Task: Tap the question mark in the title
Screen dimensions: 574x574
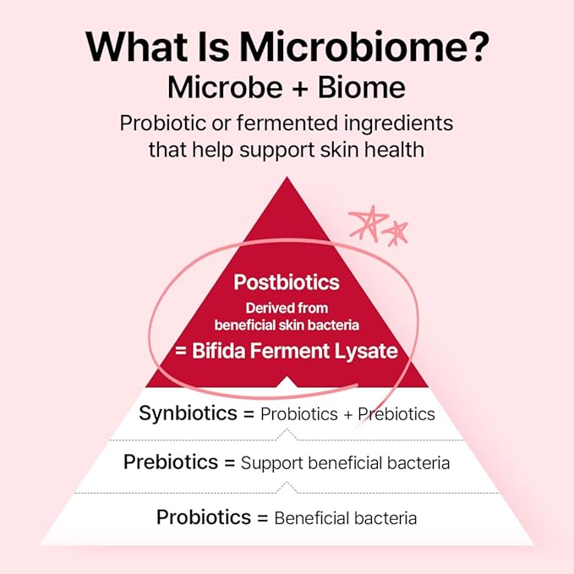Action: point(478,46)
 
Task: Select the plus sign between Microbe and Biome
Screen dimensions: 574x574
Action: point(300,89)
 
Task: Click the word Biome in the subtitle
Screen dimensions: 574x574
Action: point(361,87)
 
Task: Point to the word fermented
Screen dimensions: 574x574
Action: point(287,123)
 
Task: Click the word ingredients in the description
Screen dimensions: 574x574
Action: point(398,123)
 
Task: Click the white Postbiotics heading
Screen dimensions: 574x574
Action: point(287,282)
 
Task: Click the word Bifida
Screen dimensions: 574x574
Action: point(219,350)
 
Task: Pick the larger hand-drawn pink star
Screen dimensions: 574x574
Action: point(368,222)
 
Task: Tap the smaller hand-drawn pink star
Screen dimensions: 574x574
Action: point(396,233)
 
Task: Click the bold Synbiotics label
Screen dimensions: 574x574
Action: point(189,413)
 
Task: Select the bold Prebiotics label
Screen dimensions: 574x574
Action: point(171,462)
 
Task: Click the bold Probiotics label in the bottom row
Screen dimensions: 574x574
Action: point(204,517)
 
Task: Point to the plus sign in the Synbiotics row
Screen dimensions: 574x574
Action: point(347,415)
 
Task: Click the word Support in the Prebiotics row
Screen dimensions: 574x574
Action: point(271,463)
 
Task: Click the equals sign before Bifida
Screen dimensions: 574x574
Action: point(181,351)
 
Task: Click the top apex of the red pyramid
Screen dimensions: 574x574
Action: point(287,178)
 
